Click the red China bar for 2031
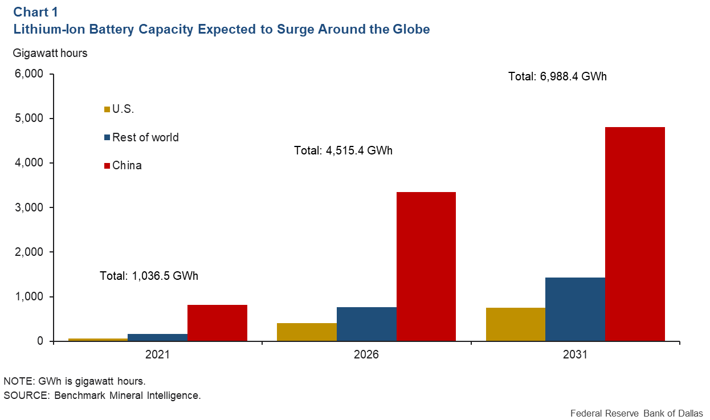635,234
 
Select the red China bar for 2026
426,266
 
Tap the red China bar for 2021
217,323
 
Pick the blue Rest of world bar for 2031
575,309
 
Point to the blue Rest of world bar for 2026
366,324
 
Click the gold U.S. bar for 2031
515,324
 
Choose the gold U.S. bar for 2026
307,332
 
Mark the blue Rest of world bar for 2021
157,337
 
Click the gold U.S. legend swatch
107,109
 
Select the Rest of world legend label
145,137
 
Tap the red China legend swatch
107,166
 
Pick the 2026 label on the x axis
366,354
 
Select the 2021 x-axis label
157,354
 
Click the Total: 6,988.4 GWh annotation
557,76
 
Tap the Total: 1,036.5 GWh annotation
149,276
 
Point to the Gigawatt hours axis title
50,53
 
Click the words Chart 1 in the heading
35,12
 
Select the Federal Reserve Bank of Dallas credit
636,413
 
